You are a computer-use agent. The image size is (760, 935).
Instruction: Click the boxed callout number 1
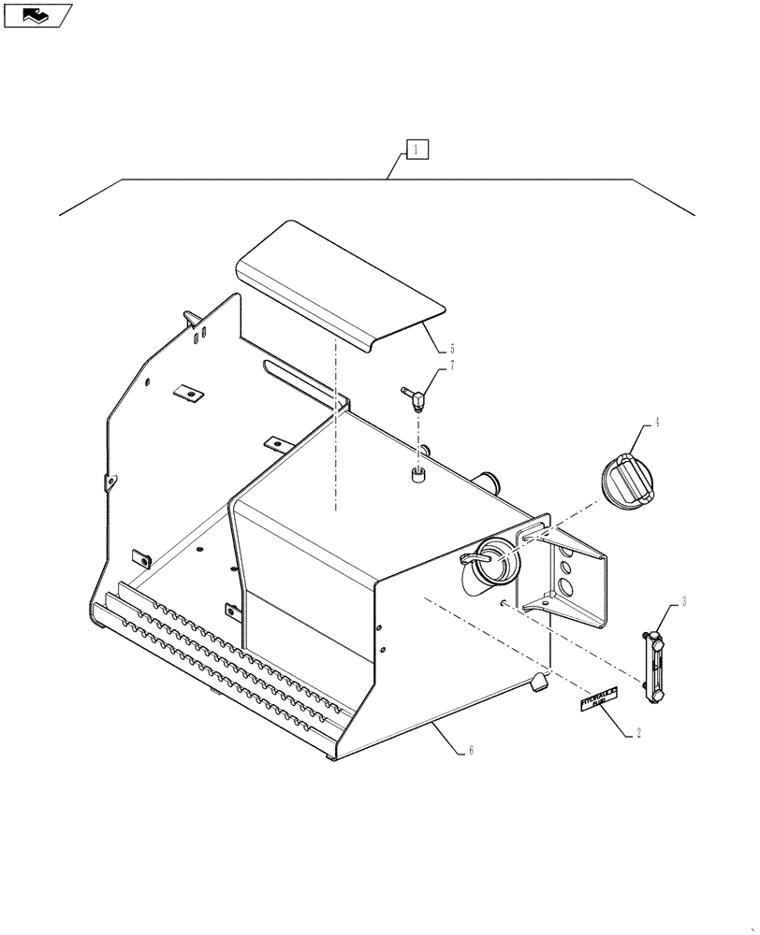click(x=417, y=150)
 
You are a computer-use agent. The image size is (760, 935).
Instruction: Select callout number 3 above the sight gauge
click(x=684, y=601)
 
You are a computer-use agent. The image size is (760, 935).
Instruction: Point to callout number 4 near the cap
click(x=657, y=423)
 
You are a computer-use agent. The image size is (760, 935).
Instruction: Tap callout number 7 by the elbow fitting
click(x=452, y=366)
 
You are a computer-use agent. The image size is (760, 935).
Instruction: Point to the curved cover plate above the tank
click(x=337, y=285)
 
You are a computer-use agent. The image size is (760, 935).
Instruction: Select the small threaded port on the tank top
click(x=418, y=478)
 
